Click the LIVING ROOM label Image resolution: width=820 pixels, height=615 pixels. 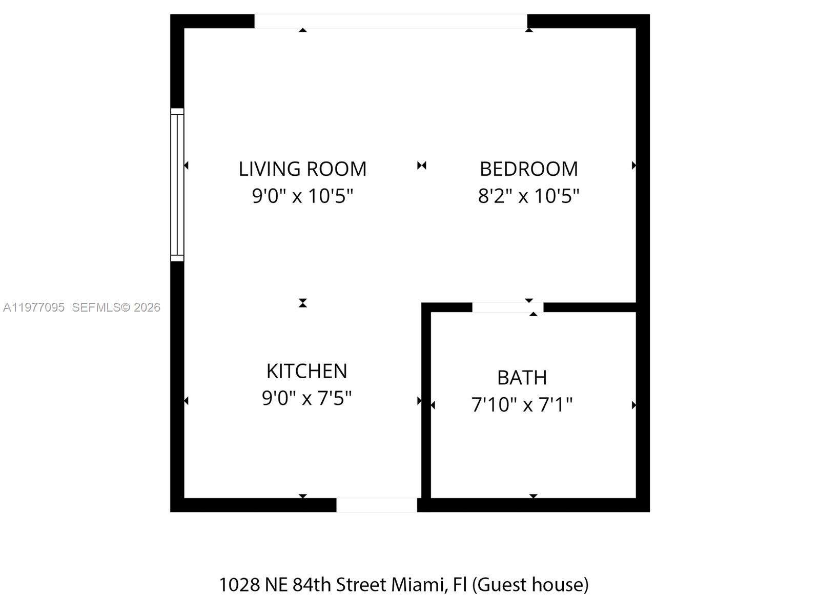coord(302,169)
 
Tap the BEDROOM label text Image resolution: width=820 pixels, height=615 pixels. coord(528,169)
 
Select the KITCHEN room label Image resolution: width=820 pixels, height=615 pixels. coord(306,371)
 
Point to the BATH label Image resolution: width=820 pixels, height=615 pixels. coord(522,378)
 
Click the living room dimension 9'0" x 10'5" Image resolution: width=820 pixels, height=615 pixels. coord(302,196)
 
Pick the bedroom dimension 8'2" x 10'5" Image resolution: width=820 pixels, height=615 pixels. coord(528,196)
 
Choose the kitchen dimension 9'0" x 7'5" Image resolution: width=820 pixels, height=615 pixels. coord(306,398)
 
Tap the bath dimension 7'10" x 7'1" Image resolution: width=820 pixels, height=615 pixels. coord(522,405)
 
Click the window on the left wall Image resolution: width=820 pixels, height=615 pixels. coord(177,184)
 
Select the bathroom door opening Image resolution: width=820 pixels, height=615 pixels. coord(507,307)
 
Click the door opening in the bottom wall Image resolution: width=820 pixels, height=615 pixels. coord(377,505)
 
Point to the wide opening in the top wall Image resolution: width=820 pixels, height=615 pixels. coord(391,21)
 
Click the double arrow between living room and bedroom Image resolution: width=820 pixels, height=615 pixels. coord(421,166)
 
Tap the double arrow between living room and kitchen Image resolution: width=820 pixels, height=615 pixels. coord(303,303)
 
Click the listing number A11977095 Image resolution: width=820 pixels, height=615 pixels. coord(34,307)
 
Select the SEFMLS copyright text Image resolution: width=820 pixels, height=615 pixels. coord(116,307)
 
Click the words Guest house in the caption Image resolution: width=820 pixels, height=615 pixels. coord(530,585)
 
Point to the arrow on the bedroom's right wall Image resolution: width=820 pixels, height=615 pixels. coord(634,166)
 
